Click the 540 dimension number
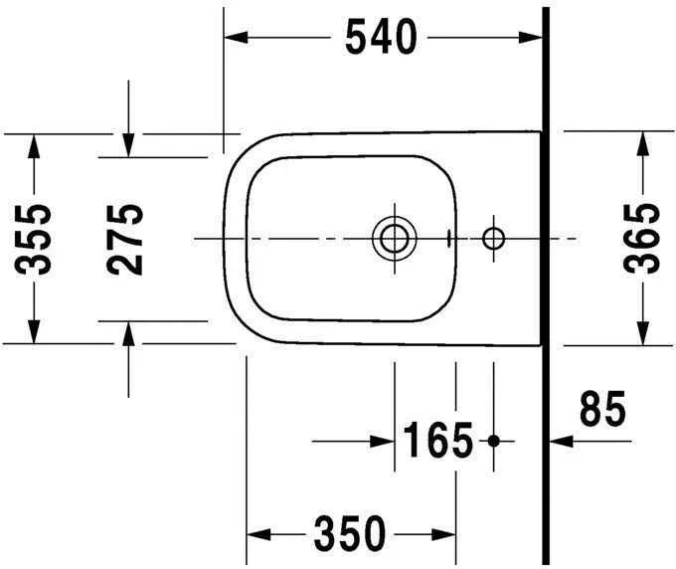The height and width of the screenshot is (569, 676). tap(380, 38)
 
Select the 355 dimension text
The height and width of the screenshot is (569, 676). tap(36, 238)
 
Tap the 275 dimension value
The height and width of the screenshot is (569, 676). tap(125, 238)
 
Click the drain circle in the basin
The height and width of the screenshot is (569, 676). tap(392, 239)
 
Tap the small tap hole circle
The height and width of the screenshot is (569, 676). tap(493, 239)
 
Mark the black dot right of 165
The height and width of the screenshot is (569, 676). tap(494, 440)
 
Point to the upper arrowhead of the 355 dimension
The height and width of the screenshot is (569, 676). tap(35, 145)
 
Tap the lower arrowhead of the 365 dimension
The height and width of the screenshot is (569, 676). tap(642, 332)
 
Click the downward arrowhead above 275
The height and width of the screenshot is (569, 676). tap(128, 145)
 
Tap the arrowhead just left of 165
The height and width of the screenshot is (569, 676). tap(383, 440)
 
